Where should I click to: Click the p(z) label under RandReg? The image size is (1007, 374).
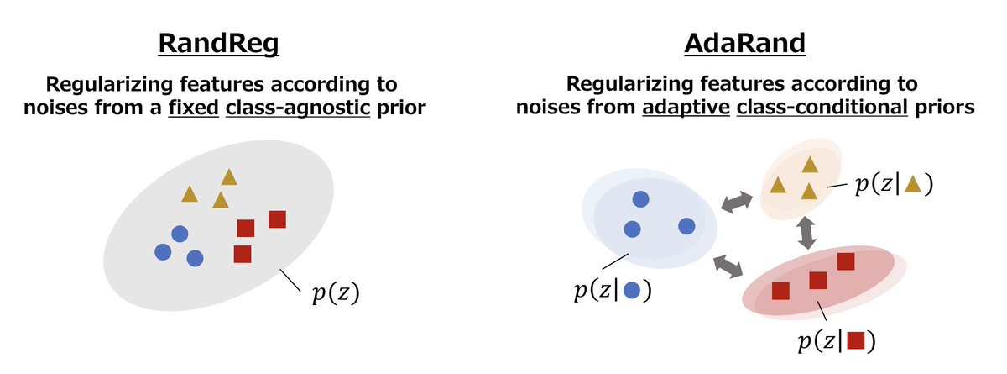tap(335, 295)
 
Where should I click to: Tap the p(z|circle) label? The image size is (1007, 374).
tap(613, 291)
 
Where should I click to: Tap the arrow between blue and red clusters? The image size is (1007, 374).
tap(728, 266)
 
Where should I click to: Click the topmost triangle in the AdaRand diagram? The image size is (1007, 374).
tap(809, 165)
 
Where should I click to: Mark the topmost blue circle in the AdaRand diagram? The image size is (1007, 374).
tap(640, 200)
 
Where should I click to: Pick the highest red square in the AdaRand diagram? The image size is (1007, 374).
tap(845, 261)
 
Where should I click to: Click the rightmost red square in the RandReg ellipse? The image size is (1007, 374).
tap(278, 219)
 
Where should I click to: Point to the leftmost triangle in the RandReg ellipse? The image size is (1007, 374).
tap(190, 194)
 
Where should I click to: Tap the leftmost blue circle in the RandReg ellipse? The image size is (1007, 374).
tap(163, 251)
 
